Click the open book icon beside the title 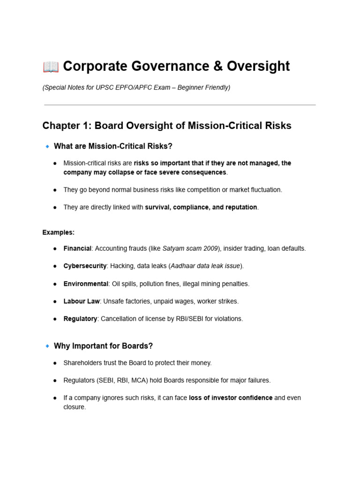(x=51, y=67)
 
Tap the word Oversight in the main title (x=258, y=67)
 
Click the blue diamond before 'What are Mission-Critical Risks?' (x=47, y=147)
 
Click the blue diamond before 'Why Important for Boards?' (x=47, y=346)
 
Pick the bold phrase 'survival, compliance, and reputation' (x=201, y=207)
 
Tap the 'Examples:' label (x=59, y=232)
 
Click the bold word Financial (x=77, y=248)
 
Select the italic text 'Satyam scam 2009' (x=190, y=248)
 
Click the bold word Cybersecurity (x=85, y=266)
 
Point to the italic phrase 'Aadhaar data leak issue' (x=206, y=266)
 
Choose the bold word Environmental (x=86, y=284)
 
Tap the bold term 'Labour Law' (x=82, y=301)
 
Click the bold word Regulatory (x=80, y=319)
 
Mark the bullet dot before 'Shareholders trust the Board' (x=55, y=363)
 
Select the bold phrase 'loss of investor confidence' (x=231, y=398)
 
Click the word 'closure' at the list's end (x=74, y=407)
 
